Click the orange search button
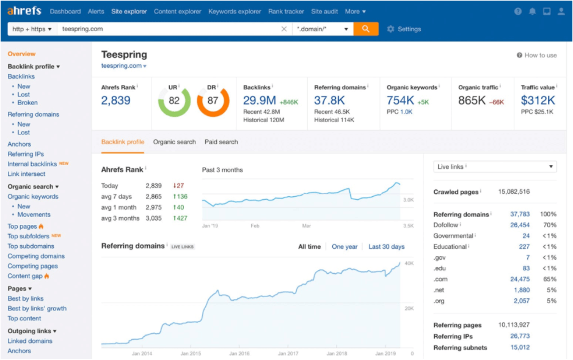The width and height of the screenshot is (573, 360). point(366,29)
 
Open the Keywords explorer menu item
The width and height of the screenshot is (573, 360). point(235,12)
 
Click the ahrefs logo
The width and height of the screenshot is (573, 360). point(25,11)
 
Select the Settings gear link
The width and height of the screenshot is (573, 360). point(404,29)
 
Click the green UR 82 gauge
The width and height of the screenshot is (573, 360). point(174,101)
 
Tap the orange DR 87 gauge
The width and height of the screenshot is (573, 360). point(213,101)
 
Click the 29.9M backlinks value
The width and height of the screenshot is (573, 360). point(260,101)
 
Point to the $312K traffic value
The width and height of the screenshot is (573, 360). point(538,101)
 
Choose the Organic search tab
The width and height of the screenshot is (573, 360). point(175,142)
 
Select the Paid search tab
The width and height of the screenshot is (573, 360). point(221,142)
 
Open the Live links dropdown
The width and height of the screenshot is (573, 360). point(495,167)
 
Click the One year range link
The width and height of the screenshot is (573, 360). point(345,247)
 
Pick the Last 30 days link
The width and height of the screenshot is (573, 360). point(386,247)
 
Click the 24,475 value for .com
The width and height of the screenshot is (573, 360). point(519,279)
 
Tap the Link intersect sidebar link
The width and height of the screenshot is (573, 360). point(26,174)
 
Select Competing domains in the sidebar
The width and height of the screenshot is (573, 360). point(36,256)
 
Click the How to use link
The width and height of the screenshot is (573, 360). point(536,55)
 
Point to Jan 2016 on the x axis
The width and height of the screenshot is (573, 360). point(239,353)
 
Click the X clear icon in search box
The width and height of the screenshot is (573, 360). point(284,29)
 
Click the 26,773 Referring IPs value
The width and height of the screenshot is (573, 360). point(519,336)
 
